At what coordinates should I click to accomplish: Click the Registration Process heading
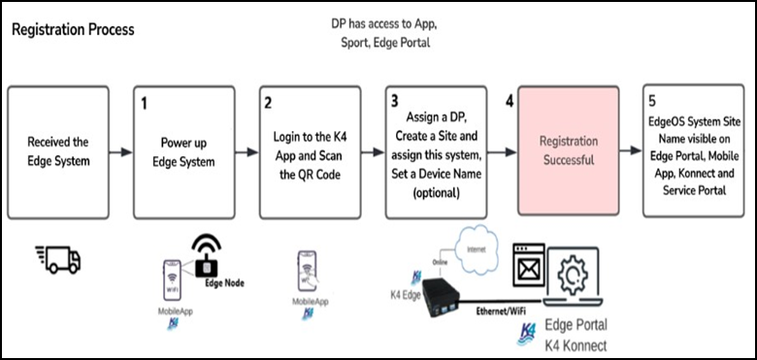[x=73, y=30]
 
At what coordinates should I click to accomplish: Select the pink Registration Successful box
[x=568, y=150]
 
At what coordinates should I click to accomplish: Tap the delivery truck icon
[x=58, y=260]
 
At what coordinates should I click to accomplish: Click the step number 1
[x=144, y=104]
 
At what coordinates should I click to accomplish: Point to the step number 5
[x=652, y=101]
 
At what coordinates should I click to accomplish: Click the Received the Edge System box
[x=58, y=152]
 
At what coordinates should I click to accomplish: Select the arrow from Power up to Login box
[x=247, y=152]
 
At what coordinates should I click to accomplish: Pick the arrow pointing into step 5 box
[x=631, y=151]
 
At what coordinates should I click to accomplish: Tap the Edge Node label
[x=224, y=283]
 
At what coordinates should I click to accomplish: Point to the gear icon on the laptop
[x=572, y=275]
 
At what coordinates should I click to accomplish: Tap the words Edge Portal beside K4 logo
[x=576, y=325]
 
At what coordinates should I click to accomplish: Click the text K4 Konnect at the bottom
[x=576, y=345]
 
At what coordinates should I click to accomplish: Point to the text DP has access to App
[x=384, y=23]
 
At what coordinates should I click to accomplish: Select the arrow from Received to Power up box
[x=120, y=152]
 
